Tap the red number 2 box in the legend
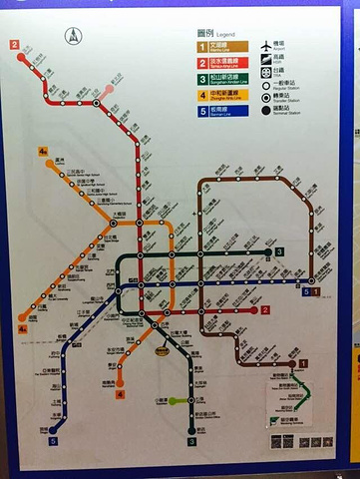click(200, 62)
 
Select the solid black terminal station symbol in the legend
click(266, 111)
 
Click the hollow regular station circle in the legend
click(266, 87)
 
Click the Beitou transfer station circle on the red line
click(97, 102)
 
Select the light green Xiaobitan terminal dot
click(172, 401)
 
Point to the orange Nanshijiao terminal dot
click(120, 382)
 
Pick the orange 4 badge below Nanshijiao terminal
click(120, 395)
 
